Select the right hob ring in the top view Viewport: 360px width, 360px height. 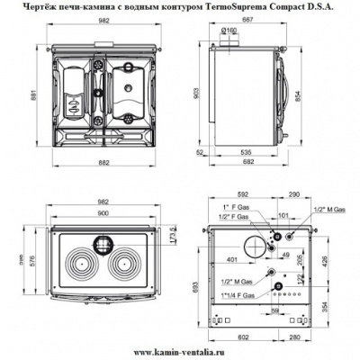click(x=129, y=267)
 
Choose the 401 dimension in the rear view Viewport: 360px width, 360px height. click(x=237, y=259)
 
